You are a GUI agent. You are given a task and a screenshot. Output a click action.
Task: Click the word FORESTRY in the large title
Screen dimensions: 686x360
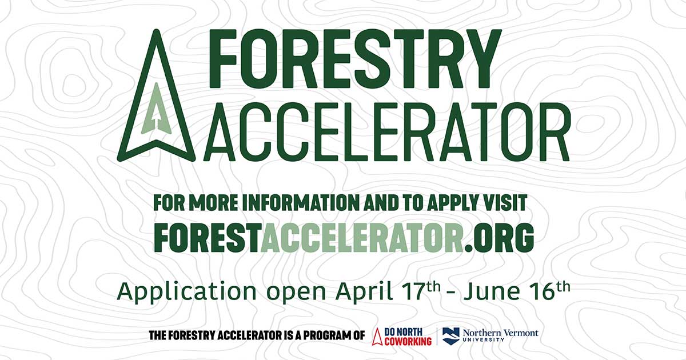(354, 59)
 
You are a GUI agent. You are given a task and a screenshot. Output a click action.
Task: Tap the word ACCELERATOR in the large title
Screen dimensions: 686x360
(387, 132)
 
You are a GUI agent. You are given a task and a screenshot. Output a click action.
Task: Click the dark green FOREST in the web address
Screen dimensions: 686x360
(206, 237)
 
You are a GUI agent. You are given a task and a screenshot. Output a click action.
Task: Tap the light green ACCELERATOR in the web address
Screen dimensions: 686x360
(362, 237)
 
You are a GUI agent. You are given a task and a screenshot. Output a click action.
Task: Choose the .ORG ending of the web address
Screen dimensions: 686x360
(499, 238)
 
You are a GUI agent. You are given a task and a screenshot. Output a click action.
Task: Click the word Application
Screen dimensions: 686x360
(186, 291)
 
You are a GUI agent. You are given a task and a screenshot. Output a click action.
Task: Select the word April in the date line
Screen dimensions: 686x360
(365, 291)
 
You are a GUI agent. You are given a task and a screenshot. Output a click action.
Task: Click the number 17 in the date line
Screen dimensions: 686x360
(411, 291)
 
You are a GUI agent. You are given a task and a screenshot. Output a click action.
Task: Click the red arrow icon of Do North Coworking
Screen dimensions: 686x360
(377, 337)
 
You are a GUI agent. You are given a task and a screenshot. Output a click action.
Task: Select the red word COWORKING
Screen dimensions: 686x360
(408, 341)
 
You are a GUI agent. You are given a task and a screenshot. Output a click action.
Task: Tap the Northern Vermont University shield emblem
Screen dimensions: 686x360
(451, 336)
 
